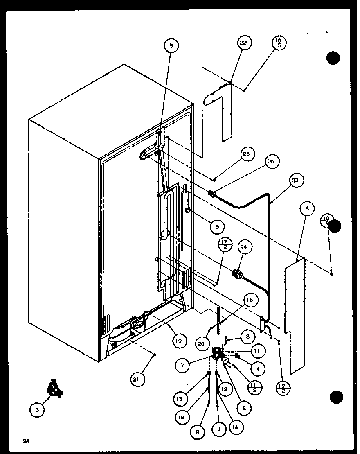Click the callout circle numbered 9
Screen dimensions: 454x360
click(171, 46)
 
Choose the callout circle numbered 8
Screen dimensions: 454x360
click(307, 208)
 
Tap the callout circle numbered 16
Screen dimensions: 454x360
click(250, 300)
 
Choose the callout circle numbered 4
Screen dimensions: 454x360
click(257, 368)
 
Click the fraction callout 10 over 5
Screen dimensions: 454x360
click(280, 43)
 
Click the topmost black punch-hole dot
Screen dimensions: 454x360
click(333, 59)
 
